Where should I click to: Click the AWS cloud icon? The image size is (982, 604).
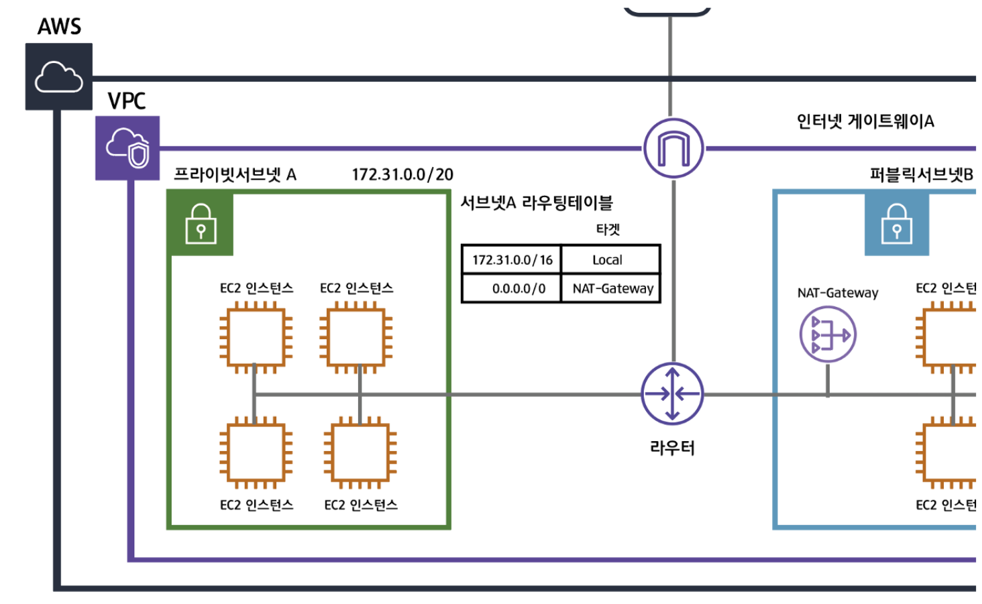pos(59,76)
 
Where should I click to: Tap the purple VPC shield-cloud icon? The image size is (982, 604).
pos(127,148)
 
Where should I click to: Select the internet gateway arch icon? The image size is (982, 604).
pos(673,148)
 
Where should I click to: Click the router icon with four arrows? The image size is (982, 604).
pos(672,394)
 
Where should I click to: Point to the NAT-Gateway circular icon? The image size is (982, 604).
pos(828,334)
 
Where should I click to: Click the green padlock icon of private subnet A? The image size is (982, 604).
pos(201,224)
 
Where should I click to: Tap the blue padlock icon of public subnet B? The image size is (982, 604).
pos(897,224)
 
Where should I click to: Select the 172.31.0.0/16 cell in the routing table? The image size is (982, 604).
pos(512,260)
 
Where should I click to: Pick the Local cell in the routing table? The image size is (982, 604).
pos(607,260)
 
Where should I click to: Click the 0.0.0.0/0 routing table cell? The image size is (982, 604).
pos(519,289)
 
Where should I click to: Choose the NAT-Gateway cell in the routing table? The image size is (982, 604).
pos(612,289)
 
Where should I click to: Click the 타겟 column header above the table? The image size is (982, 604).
pos(608,229)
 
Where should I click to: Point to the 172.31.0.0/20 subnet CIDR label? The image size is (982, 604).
pos(402,175)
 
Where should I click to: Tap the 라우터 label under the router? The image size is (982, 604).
pos(672,448)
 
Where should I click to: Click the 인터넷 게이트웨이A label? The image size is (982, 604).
pos(865,121)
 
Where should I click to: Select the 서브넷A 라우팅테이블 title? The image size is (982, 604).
pos(537,203)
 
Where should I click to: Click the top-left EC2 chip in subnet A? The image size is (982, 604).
pos(256,337)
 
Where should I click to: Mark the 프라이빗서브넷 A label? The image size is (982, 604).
pos(235,175)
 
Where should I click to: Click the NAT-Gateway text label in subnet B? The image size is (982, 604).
pos(837,293)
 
